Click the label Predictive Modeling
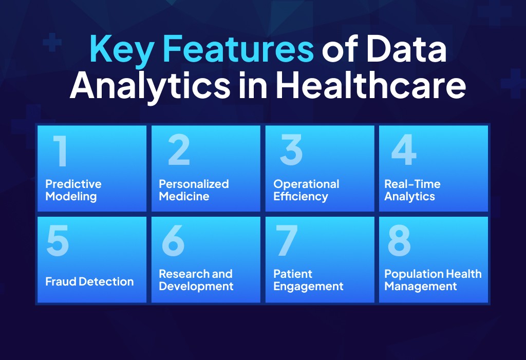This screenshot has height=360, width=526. coord(73,190)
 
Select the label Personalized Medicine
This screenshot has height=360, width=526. coord(194,190)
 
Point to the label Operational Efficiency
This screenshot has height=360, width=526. coord(306,190)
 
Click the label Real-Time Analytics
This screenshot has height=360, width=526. coord(412,190)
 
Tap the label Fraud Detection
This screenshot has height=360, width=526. coord(89,281)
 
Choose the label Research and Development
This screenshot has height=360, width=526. coord(196,280)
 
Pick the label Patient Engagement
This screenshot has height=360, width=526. coord(308,280)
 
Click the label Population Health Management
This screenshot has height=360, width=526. coord(433,280)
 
